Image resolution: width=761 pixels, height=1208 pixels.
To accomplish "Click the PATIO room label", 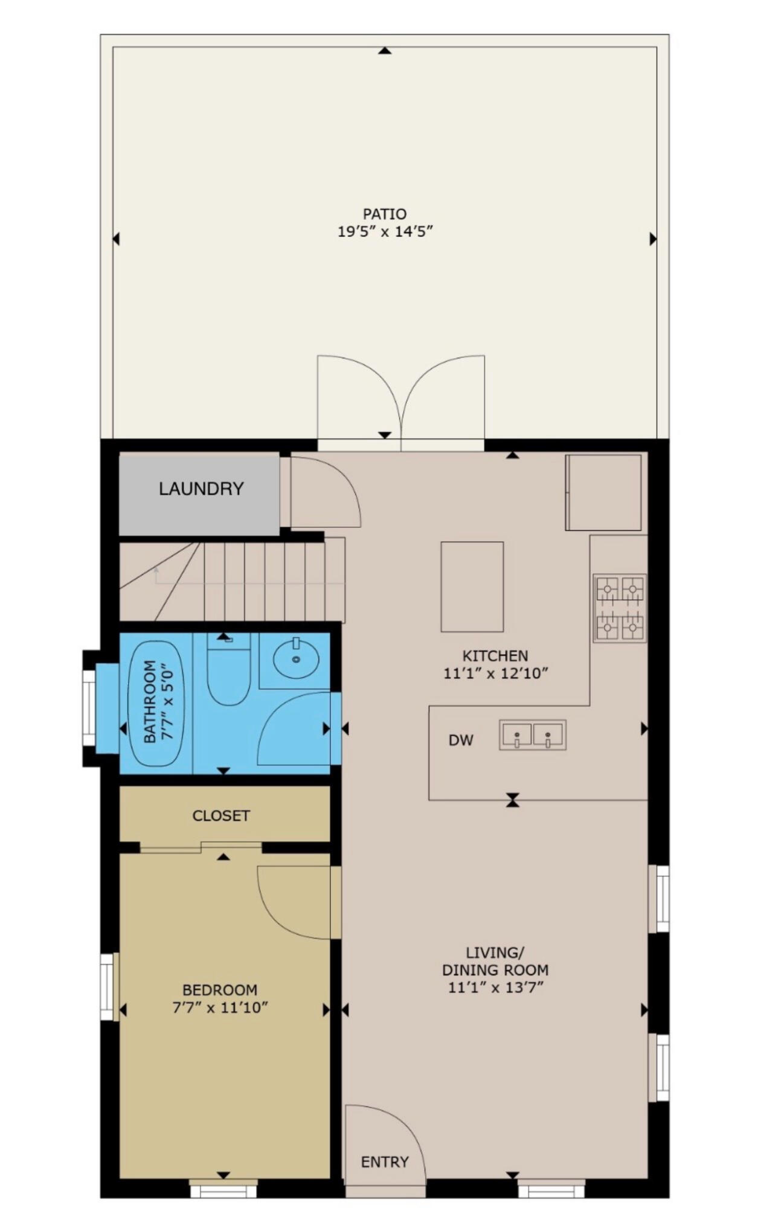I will click(384, 214).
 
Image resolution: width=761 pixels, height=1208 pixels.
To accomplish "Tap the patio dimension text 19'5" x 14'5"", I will click(385, 231).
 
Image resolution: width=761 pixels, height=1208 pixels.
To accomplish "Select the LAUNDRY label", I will click(201, 489).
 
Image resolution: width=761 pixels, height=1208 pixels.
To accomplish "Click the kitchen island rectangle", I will click(472, 586).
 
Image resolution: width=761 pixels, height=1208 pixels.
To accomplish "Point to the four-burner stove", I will click(620, 608).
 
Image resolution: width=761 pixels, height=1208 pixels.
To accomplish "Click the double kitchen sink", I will click(532, 735).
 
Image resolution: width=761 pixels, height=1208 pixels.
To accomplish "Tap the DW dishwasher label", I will click(461, 741).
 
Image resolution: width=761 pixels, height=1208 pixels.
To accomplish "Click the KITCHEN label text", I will click(495, 655).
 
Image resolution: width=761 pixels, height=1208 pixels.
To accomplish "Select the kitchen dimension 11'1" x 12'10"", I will click(495, 673).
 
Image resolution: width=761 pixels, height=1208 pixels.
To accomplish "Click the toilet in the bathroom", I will click(228, 670).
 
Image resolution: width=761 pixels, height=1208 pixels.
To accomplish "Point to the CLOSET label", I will click(220, 816).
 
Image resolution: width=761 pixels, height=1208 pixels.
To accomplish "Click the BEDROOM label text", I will click(220, 990).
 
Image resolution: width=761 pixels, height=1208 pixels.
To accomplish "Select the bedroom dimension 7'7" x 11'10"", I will click(220, 1007).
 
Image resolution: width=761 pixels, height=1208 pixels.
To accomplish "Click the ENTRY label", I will click(385, 1162).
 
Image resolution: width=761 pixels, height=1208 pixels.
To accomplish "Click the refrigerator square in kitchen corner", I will click(603, 492).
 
